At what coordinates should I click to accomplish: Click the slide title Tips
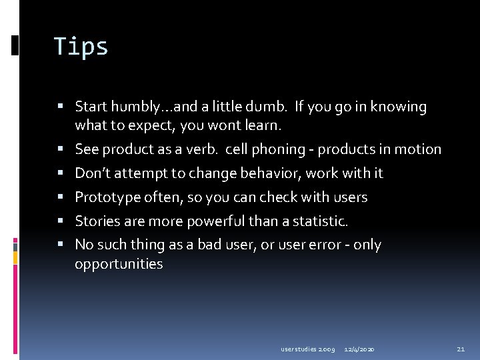[81, 47]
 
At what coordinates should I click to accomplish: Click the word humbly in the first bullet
[133, 107]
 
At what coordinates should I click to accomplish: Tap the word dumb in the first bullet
[272, 107]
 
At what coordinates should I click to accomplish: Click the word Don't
[93, 173]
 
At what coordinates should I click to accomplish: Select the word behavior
[256, 173]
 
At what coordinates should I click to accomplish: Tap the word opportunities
[119, 264]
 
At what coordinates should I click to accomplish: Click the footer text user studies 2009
[307, 349]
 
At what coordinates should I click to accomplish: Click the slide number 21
[461, 349]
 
